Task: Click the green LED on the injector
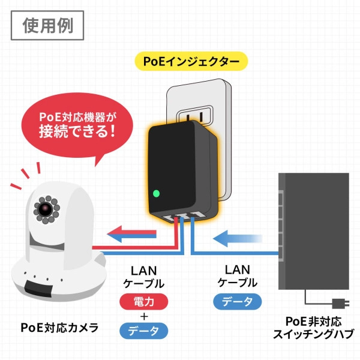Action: click(x=156, y=193)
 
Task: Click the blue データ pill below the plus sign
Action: click(x=144, y=331)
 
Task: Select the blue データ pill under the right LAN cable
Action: click(x=238, y=301)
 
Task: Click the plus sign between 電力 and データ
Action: click(x=144, y=316)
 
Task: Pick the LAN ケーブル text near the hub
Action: click(x=238, y=276)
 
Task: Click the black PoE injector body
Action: click(x=180, y=168)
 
